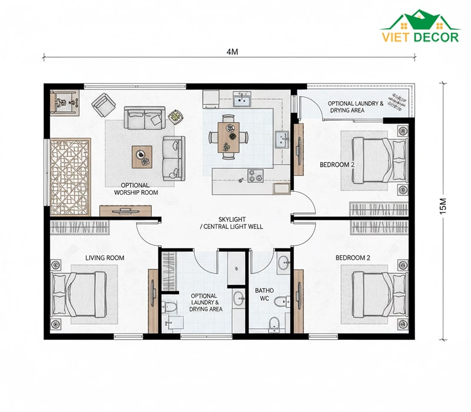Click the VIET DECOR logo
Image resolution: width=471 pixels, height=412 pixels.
420,26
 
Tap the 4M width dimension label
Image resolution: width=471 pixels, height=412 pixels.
232,52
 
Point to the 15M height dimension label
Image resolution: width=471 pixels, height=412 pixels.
443,206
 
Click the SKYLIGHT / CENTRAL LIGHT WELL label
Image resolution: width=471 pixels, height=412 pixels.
231,223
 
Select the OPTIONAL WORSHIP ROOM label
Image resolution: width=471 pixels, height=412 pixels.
136,189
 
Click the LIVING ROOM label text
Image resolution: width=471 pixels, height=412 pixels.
105,258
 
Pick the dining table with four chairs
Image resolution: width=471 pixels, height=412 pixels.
228,137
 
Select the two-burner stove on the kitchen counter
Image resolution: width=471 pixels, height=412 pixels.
256,176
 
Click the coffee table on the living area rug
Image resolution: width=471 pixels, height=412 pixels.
142,157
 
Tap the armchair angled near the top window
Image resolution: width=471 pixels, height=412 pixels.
104,105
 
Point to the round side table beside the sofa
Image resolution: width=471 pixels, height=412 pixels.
175,117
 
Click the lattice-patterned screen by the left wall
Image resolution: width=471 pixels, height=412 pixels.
70,177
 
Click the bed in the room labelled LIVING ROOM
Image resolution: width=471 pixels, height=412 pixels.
79,295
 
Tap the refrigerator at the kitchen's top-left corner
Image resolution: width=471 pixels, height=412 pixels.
211,99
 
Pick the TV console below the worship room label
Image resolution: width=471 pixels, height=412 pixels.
125,211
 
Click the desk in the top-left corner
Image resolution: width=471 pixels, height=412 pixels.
64,102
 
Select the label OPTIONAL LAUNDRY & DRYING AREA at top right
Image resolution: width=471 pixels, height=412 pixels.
356,107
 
